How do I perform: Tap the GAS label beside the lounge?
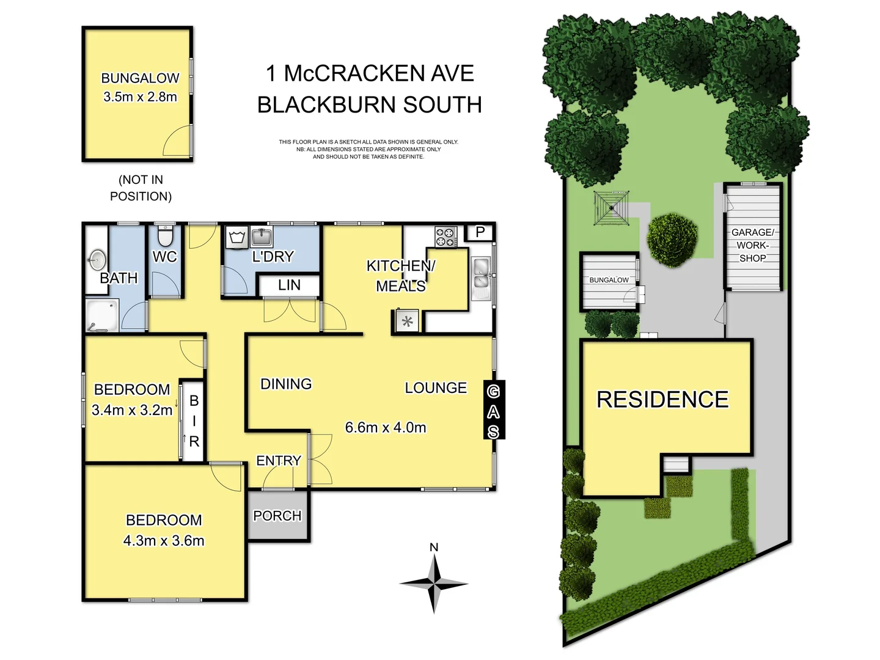point(493,411)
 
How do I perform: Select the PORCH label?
point(277,516)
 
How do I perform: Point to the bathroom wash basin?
point(97,260)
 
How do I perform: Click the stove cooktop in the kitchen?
point(446,237)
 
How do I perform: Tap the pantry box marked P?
point(480,232)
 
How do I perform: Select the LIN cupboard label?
point(289,285)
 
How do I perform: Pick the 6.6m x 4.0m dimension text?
point(386,427)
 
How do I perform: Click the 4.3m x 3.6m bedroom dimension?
point(164,540)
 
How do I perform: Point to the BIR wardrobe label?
point(194,421)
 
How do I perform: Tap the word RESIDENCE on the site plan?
point(662,399)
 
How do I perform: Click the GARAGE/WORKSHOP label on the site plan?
point(752,245)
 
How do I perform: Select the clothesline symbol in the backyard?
point(611,208)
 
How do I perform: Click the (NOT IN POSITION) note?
point(141,188)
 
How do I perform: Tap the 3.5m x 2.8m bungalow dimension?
point(140,97)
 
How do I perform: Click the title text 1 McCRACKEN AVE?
point(370,73)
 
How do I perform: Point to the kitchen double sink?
point(482,273)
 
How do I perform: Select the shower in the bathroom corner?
point(102,315)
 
